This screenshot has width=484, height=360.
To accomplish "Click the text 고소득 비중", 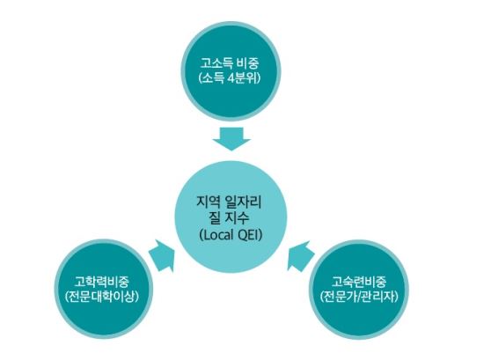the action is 230,63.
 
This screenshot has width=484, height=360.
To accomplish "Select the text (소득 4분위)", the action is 230,78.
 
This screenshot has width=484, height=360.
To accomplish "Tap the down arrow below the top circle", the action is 231,139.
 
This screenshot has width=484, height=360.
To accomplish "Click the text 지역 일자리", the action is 229,202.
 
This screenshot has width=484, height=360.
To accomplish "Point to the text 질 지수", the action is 229,218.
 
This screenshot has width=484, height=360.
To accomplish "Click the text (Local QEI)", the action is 231,235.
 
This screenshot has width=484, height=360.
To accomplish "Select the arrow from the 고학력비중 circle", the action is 162,255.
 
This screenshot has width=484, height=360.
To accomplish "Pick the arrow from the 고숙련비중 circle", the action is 301,256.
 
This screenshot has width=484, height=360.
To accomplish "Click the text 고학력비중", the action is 101,282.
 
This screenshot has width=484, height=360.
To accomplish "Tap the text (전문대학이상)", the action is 101,297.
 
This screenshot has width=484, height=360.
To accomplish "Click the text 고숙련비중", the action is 359,282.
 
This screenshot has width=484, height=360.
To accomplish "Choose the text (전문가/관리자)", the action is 359,297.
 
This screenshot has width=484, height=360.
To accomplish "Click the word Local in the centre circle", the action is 216,235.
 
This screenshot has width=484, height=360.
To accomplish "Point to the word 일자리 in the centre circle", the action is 243,202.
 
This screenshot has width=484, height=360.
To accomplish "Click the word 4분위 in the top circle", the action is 244,78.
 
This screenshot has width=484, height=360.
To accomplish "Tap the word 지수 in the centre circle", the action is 237,218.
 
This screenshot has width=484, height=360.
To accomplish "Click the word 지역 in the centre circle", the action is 208,202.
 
